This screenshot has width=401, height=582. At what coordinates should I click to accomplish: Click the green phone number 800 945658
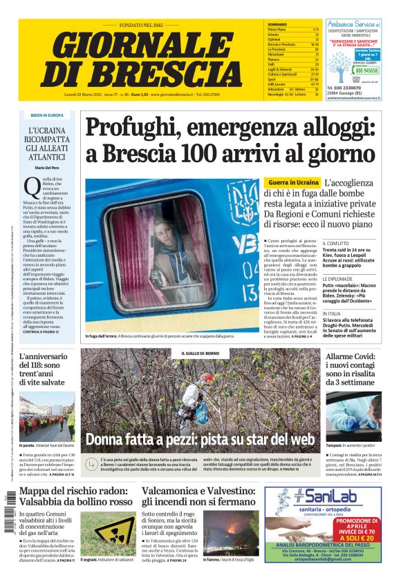[x=366, y=70]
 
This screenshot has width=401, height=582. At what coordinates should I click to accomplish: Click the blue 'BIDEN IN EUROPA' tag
[x=47, y=115]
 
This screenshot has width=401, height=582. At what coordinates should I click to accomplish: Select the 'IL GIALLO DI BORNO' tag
[x=200, y=353]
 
